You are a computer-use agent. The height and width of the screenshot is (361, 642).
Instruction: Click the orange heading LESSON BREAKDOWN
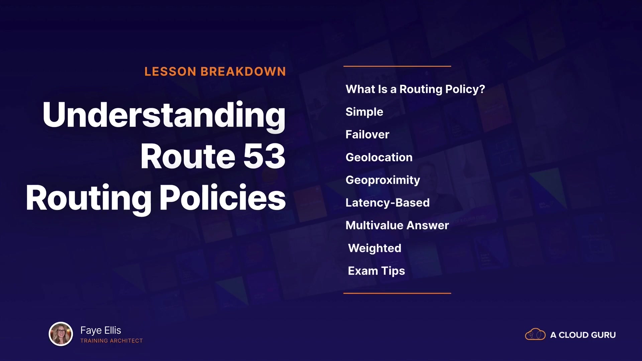point(215,72)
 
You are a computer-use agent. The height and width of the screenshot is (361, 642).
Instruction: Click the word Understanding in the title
point(164,115)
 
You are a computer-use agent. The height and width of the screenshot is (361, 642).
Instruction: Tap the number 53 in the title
point(264,156)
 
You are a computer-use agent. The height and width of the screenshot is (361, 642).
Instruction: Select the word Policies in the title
point(222,198)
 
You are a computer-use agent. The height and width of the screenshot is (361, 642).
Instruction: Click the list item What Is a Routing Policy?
point(415,89)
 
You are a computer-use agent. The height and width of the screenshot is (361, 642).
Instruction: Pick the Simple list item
point(364,112)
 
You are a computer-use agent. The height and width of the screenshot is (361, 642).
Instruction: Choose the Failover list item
point(367,134)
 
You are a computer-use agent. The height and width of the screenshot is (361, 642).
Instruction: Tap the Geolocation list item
point(379,157)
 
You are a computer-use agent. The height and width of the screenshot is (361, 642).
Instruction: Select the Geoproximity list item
point(383,180)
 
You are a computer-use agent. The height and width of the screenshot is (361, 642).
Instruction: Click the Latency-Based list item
point(388,203)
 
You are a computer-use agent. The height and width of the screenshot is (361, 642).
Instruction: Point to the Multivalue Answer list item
point(397,225)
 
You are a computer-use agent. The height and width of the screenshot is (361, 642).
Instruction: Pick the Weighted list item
point(375,248)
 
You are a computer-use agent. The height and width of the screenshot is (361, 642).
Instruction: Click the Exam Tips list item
point(377,271)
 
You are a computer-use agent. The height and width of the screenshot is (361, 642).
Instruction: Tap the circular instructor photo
point(61,334)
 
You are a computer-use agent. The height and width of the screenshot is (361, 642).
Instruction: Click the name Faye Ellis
point(101,330)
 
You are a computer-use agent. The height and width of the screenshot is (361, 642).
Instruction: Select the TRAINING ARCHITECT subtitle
point(112,341)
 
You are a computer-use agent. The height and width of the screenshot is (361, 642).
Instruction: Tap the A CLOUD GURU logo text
point(583,335)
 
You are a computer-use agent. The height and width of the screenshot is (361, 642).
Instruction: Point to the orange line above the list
point(397,66)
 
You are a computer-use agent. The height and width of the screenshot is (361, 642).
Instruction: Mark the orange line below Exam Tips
point(397,293)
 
